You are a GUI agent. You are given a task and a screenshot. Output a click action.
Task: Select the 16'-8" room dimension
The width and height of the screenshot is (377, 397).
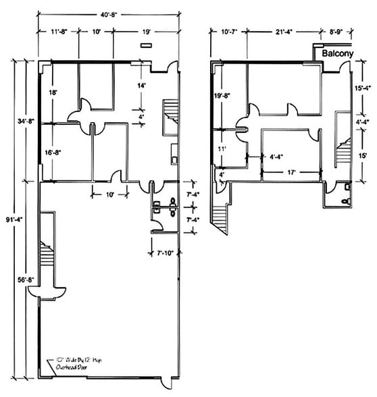[54, 153]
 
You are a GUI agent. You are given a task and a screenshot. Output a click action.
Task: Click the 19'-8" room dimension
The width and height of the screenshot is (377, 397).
[223, 96]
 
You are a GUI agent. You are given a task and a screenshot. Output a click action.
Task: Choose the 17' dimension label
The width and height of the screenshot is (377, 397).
[291, 172]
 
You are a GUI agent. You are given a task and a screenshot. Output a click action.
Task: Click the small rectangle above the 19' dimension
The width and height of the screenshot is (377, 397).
[145, 45]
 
